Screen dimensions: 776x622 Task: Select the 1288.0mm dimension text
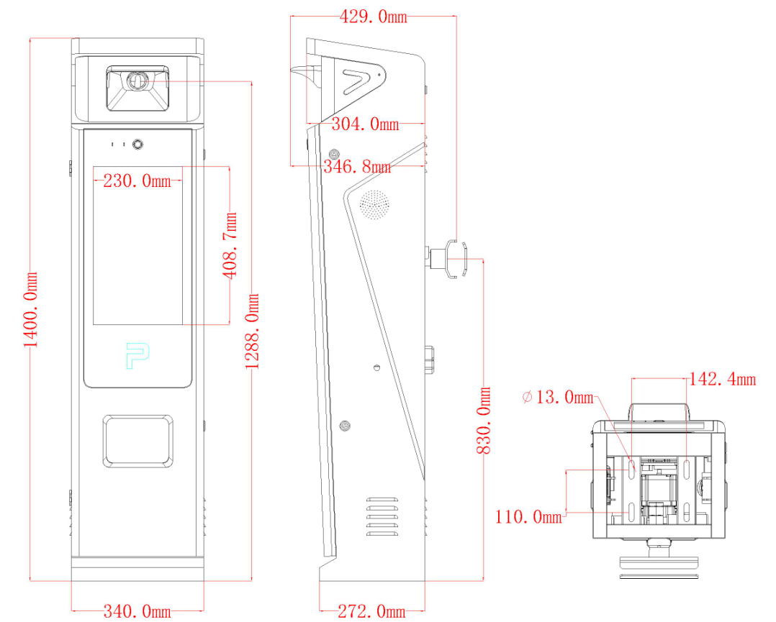click(253, 331)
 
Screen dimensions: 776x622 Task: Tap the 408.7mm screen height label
click(230, 246)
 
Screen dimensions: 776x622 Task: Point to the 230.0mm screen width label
click(137, 181)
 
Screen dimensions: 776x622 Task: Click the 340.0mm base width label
click(137, 611)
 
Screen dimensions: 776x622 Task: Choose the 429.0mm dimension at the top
click(373, 17)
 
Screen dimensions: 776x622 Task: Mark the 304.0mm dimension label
click(365, 124)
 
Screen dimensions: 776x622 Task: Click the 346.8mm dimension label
click(357, 167)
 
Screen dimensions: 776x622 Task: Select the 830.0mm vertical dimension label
click(484, 420)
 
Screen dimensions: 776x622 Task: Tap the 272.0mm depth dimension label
click(371, 611)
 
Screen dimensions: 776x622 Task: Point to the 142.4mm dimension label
click(723, 379)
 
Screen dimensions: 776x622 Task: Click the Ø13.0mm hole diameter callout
click(558, 397)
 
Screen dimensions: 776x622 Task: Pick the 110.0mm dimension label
click(528, 517)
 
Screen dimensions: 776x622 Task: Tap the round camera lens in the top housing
click(136, 81)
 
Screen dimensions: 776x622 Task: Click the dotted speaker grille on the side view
click(374, 204)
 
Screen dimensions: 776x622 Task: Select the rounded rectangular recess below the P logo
click(138, 441)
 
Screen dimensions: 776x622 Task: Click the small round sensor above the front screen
click(137, 145)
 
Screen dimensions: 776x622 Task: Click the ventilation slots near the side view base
click(382, 517)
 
